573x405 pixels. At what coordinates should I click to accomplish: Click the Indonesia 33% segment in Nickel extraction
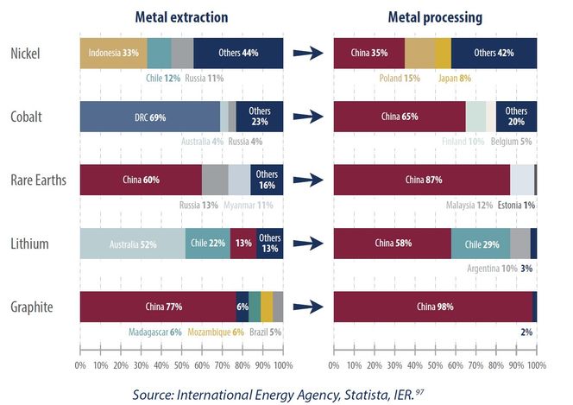pyautogui.click(x=113, y=53)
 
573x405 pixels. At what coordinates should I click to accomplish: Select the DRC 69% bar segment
pyautogui.click(x=149, y=117)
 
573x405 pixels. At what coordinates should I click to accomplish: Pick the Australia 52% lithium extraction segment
pyautogui.click(x=132, y=244)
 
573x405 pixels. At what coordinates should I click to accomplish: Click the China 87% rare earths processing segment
pyautogui.click(x=421, y=180)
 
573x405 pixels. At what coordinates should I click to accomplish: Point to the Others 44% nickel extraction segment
pyautogui.click(x=238, y=53)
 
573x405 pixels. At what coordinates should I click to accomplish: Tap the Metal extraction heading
pyautogui.click(x=181, y=16)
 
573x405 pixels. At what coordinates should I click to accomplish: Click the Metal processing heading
pyautogui.click(x=435, y=16)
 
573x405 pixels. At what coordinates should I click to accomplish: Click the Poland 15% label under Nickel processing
pyautogui.click(x=400, y=78)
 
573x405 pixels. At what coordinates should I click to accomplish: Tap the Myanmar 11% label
pyautogui.click(x=249, y=205)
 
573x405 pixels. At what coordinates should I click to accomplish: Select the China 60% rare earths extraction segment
pyautogui.click(x=140, y=180)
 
